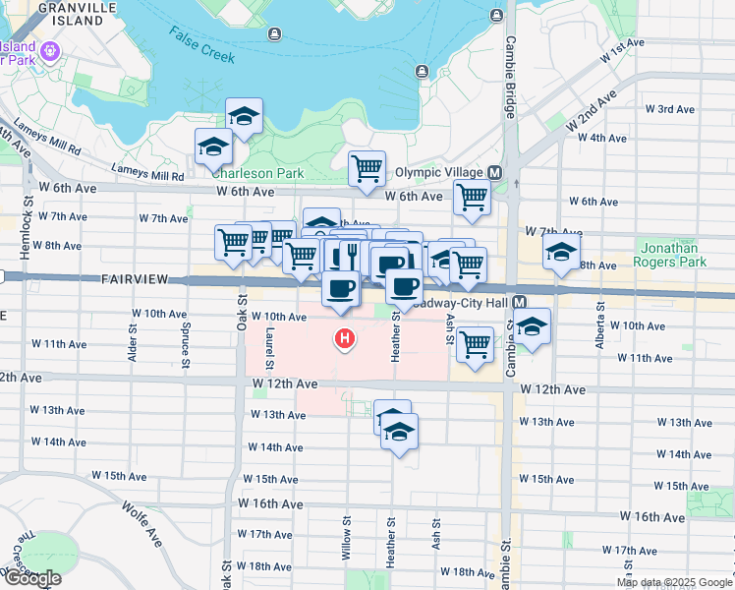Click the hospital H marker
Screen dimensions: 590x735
[345, 339]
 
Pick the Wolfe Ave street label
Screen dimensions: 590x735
[141, 523]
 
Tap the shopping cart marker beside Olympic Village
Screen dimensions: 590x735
[367, 168]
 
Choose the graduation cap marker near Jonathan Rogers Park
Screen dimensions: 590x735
[561, 252]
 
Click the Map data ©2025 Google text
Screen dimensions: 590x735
[674, 582]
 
